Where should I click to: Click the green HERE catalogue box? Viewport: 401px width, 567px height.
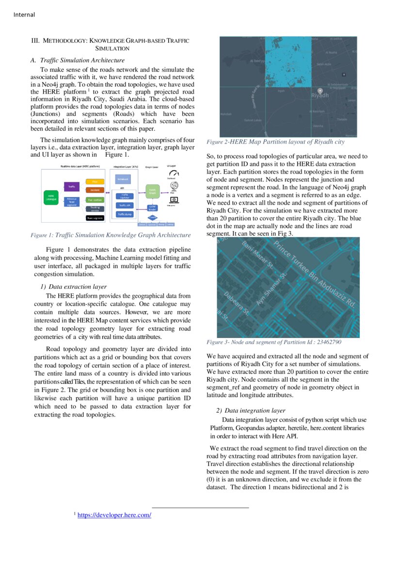click(51, 197)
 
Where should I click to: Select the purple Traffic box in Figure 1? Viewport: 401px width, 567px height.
click(72, 187)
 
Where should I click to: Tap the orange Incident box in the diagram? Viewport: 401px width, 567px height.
click(95, 190)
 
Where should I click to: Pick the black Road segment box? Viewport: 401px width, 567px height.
click(95, 218)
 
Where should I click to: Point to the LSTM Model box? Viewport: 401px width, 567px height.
click(152, 208)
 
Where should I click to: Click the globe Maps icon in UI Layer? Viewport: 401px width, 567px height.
click(174, 186)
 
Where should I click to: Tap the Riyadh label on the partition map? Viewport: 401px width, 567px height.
click(320, 96)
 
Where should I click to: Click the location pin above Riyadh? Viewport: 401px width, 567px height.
click(320, 90)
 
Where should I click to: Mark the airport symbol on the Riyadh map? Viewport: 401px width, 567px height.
click(344, 75)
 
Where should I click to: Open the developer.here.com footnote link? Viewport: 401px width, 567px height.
click(114, 515)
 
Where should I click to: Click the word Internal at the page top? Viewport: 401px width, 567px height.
click(24, 15)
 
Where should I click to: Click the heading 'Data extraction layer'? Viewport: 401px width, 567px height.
click(78, 287)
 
